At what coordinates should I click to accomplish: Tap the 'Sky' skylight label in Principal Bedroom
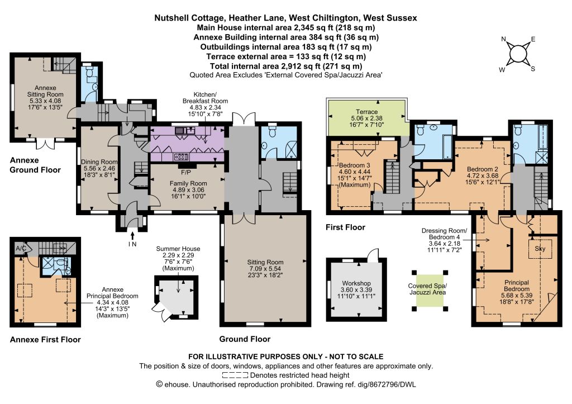[x=540, y=249]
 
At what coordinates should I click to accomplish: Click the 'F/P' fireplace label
[x=186, y=172]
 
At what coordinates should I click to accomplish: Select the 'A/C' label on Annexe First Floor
[x=21, y=248]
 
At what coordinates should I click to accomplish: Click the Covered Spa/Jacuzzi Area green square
[x=427, y=290]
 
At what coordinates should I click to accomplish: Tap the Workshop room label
[x=356, y=283]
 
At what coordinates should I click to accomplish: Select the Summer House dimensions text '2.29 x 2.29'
[x=178, y=255]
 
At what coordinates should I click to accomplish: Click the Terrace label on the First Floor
[x=366, y=112]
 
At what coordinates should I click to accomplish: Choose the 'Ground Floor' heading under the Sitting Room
[x=245, y=339]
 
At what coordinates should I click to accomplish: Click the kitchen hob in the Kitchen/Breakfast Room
[x=182, y=156]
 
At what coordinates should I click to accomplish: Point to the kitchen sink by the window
[x=184, y=130]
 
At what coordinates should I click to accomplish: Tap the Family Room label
[x=188, y=183]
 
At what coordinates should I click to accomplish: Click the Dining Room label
[x=99, y=161]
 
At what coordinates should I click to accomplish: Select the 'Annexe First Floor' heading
[x=45, y=340]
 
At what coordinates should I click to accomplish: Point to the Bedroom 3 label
[x=355, y=165]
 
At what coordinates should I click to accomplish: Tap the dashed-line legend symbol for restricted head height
[x=235, y=375]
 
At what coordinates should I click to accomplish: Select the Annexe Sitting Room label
[x=45, y=91]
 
